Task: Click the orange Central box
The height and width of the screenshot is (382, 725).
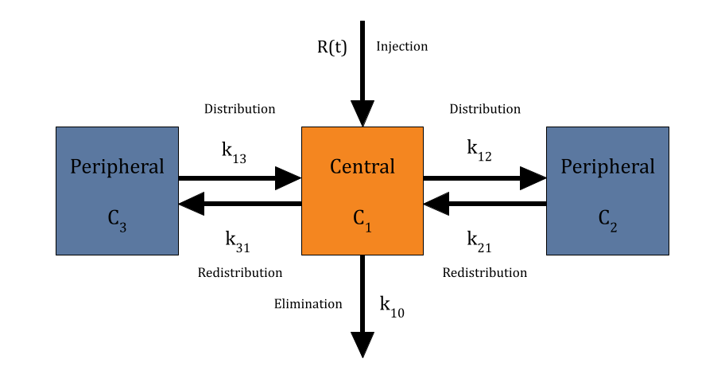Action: click(x=362, y=191)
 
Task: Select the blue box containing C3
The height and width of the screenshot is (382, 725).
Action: click(x=117, y=191)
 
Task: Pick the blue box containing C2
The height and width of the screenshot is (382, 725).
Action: click(x=607, y=191)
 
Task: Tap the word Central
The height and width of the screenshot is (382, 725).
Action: click(x=362, y=167)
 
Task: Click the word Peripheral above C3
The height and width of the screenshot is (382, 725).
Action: click(x=117, y=167)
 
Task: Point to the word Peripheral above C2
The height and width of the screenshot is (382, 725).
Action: click(x=607, y=167)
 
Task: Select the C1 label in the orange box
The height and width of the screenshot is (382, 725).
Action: click(x=362, y=219)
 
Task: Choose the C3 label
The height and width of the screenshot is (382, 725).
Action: click(x=117, y=219)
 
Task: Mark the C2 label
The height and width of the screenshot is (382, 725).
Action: click(x=607, y=219)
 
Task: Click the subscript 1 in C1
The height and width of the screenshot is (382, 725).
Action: click(x=368, y=227)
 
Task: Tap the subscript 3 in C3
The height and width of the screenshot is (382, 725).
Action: click(x=122, y=227)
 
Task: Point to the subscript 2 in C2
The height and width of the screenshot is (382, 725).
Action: click(x=613, y=227)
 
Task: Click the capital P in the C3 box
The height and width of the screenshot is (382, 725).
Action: click(x=76, y=166)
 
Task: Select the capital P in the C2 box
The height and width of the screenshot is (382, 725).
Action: click(x=566, y=166)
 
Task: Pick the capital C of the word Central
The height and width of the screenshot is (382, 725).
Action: click(x=335, y=167)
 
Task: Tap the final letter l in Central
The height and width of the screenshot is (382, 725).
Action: click(x=392, y=166)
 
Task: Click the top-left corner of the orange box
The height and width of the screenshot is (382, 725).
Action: click(x=303, y=128)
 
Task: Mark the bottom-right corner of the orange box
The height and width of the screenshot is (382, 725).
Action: click(x=422, y=254)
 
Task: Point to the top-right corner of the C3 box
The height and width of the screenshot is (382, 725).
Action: click(x=177, y=128)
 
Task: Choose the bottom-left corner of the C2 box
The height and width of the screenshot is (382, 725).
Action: click(x=548, y=254)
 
